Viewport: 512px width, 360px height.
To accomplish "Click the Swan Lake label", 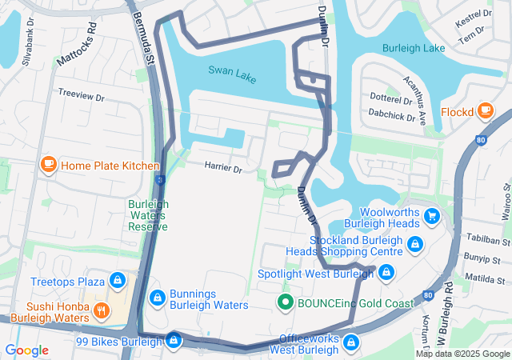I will [232, 71].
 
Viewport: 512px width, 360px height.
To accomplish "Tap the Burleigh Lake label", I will [414, 49].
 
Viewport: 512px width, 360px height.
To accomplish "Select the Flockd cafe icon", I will [486, 111].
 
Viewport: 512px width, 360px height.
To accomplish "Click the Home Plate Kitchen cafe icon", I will [48, 165].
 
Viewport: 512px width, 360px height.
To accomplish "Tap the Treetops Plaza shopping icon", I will [118, 281].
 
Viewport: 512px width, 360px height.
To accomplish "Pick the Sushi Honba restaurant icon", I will [102, 311].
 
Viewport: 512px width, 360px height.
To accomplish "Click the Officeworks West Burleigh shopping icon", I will [350, 342].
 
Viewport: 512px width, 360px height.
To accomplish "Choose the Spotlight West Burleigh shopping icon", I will [386, 274].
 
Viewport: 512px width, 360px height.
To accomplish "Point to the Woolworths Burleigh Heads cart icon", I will [433, 216].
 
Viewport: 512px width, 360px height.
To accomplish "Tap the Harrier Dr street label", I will [223, 167].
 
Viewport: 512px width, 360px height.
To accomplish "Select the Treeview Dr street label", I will [82, 94].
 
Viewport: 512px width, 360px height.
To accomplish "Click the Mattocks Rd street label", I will [77, 44].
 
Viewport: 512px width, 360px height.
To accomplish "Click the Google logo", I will [26, 350].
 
